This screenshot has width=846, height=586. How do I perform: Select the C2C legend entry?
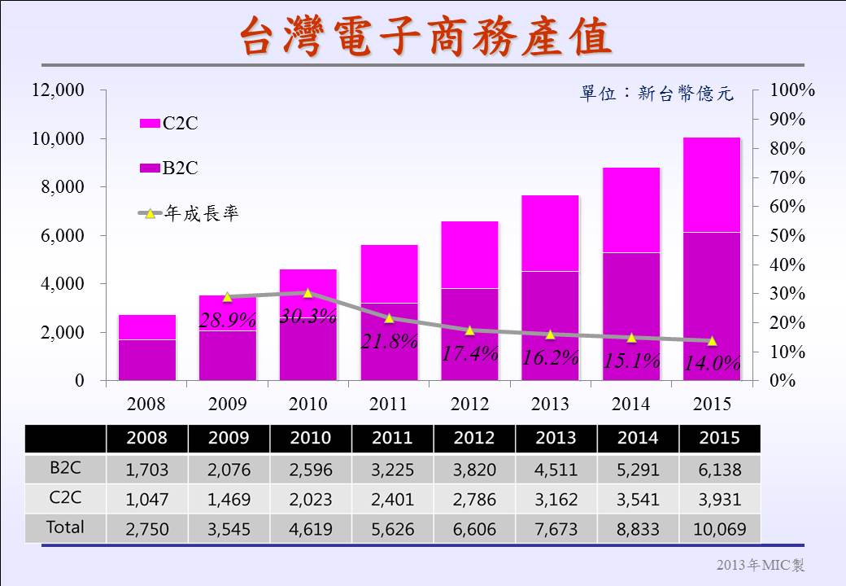point(169,124)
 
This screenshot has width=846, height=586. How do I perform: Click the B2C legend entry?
point(169,168)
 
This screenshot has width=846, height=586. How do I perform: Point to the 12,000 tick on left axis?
point(58,90)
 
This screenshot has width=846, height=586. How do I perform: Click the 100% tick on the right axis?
point(792,90)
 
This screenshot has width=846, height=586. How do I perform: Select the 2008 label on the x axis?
point(146,404)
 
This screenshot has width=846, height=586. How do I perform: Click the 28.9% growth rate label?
point(228,321)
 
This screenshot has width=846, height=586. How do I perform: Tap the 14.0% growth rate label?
point(712,363)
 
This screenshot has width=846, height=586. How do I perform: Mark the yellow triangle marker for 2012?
point(469,330)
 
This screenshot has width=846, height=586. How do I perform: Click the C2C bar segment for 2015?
point(712,185)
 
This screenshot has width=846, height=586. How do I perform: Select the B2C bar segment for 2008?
point(146,360)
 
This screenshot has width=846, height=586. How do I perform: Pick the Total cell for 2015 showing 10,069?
point(719,529)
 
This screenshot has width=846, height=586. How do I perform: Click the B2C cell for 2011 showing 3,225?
point(392,470)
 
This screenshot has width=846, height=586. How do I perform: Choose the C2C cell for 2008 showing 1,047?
point(146,499)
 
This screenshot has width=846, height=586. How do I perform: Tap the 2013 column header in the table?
point(556,438)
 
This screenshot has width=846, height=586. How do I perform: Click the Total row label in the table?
point(65,527)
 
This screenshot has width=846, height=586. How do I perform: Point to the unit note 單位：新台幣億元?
point(656,94)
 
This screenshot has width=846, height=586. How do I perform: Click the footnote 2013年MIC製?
point(760,565)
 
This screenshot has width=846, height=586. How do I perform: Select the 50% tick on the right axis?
point(787,235)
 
